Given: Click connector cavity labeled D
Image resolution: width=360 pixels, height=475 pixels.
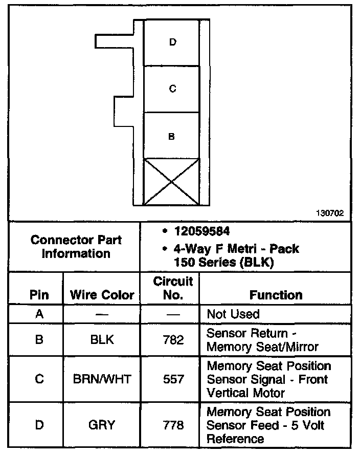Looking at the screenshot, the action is coord(172,43).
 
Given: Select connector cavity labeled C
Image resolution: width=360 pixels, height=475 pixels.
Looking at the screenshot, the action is coord(172,89).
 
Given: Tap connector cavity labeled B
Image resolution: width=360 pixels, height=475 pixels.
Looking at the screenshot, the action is coord(172,136).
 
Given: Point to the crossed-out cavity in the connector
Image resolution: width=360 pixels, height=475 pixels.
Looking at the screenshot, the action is coord(172,182).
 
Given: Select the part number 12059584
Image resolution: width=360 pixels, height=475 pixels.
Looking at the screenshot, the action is coord(200,231).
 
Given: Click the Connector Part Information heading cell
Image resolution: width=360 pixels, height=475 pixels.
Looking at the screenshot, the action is coord(76,247).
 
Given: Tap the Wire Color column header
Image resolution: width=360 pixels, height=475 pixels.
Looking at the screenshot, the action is coord(102,295).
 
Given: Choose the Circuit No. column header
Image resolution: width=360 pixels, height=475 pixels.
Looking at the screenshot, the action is coord(173,288).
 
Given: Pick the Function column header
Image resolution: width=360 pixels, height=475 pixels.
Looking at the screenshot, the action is coord(276,295).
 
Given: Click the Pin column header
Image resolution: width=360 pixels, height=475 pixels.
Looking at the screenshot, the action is coord(39,295).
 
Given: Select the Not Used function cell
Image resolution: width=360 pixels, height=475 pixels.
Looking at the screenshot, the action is coord(233,314).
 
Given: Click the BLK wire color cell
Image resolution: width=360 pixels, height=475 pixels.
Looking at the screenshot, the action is coord(102,339).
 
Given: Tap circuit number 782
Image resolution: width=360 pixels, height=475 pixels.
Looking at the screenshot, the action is coord(173,339).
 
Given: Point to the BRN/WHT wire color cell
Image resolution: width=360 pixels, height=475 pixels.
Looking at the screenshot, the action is coord(102,379).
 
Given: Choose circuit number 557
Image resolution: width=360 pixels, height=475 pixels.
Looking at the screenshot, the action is coord(173,379).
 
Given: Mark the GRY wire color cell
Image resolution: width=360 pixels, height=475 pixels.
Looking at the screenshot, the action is coord(102,425).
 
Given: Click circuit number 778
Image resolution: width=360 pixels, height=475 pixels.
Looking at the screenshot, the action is coord(173,425).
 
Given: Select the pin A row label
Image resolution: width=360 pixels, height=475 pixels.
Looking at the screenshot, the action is coord(39,314).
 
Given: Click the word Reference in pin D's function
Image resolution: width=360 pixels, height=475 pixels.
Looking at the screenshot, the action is coord(235,439).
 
